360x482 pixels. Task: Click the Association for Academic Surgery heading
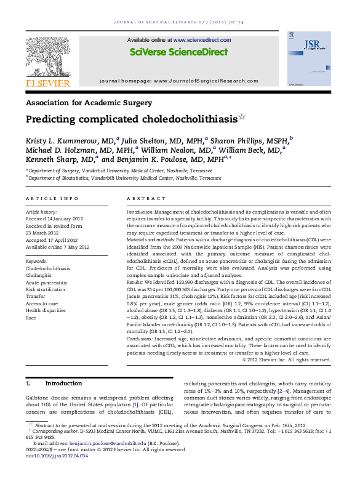tap(89, 103)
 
